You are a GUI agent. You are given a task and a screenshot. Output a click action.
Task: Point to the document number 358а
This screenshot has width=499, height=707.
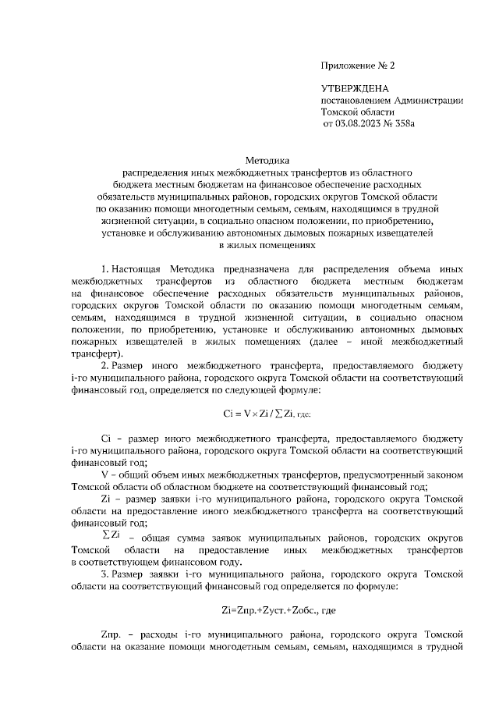tap(405, 123)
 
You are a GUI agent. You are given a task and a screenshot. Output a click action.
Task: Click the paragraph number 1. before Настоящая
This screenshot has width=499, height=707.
tap(105, 268)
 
